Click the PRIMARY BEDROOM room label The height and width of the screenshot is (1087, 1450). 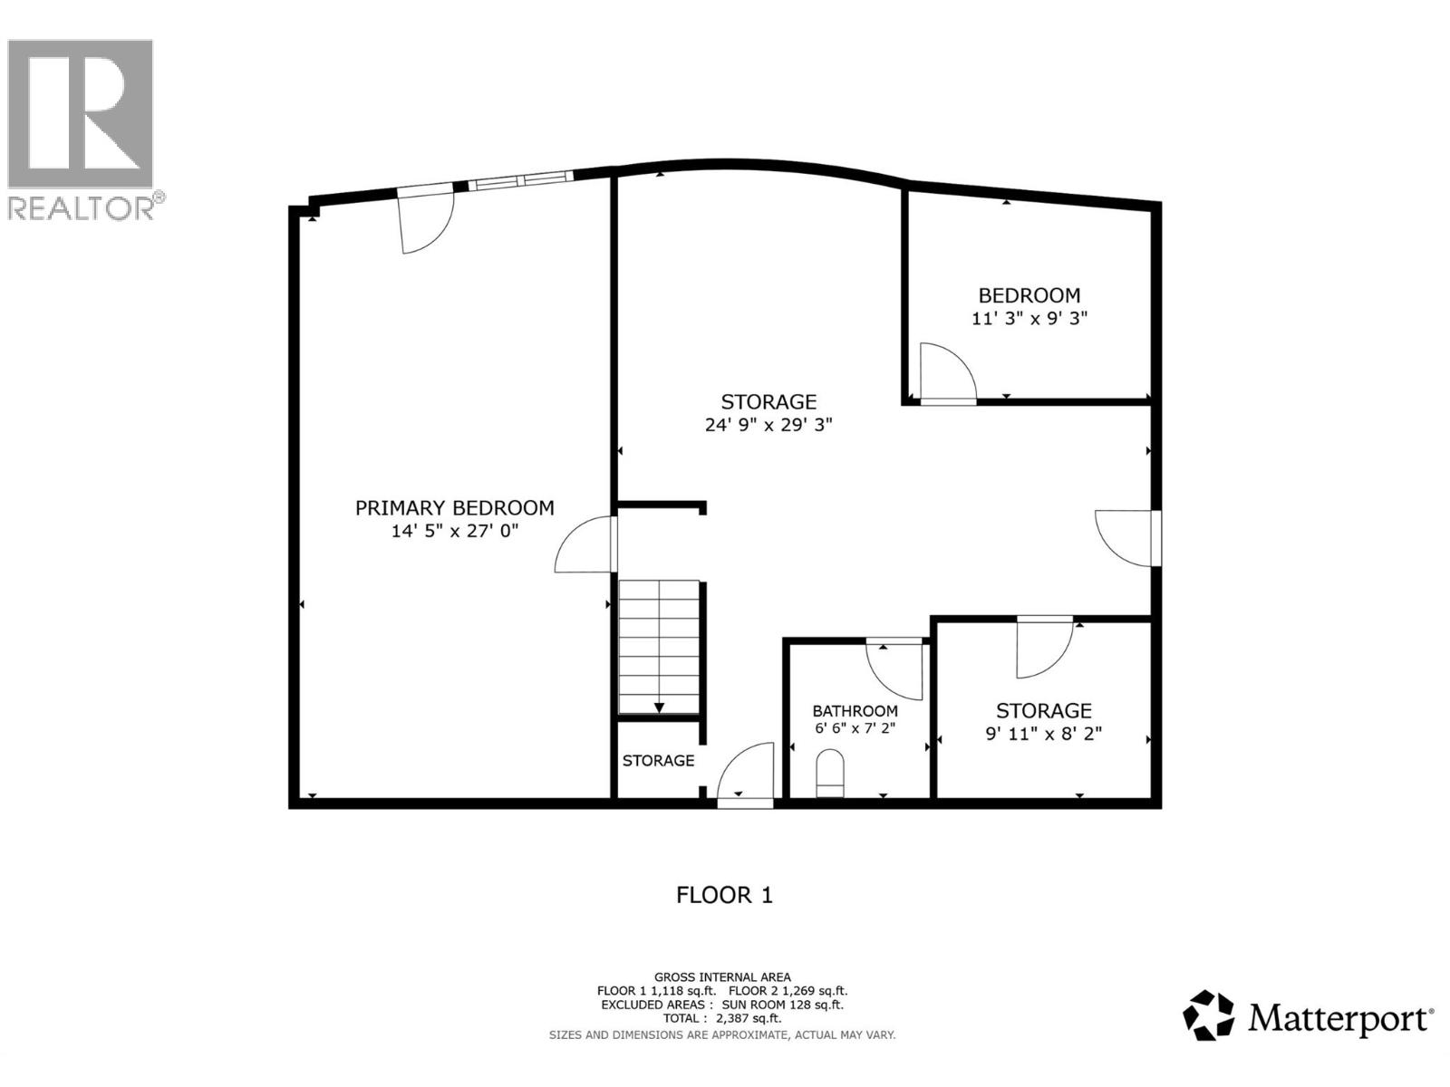tap(454, 508)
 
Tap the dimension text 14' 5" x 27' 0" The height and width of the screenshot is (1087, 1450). tap(454, 531)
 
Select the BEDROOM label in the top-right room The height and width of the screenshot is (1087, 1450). tap(1029, 295)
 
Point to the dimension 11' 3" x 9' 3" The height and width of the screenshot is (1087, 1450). tap(1029, 319)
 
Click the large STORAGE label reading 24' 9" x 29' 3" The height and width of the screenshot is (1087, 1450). tap(768, 401)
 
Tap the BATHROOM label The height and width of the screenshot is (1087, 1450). tap(855, 711)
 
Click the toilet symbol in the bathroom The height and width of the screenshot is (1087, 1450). tap(830, 774)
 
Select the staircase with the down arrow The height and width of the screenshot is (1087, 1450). tap(659, 648)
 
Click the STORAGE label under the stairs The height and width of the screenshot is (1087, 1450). tap(658, 761)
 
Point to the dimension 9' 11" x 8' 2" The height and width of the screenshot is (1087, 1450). tap(1043, 734)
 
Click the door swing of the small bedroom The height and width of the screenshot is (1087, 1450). tap(945, 371)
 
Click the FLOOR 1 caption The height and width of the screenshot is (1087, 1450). tap(724, 895)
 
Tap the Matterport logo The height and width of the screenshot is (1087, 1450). tap(1308, 1016)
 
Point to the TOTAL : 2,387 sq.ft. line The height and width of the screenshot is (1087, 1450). tap(722, 1018)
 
